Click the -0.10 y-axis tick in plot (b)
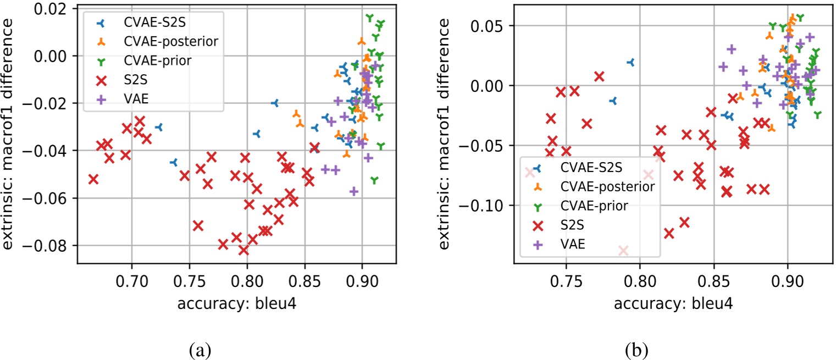pos(485,206)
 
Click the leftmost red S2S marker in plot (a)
pos(93,179)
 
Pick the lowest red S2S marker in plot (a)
pos(243,250)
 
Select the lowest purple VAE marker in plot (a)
pos(354,191)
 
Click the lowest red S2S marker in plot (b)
pos(623,251)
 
